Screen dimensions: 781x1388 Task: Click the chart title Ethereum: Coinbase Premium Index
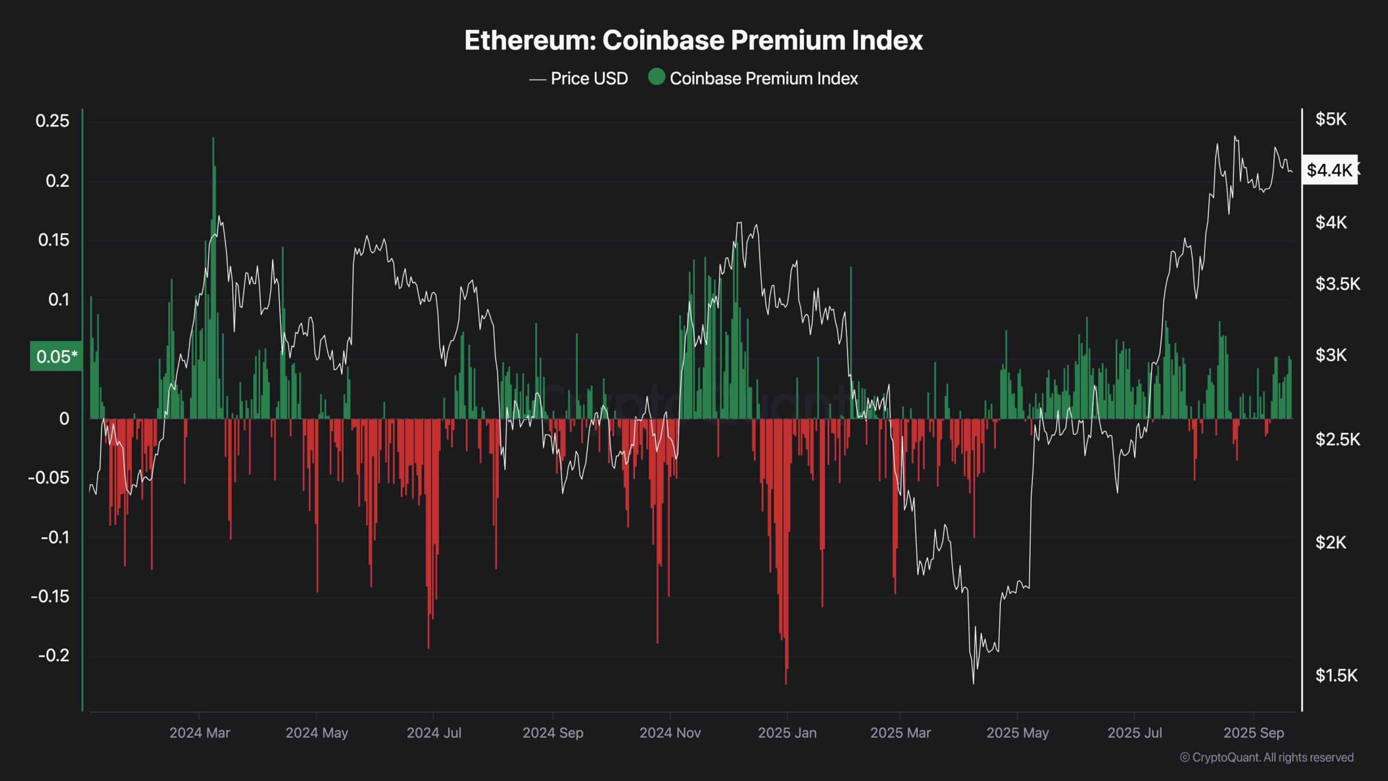pyautogui.click(x=693, y=41)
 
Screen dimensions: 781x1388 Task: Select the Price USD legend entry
pyautogui.click(x=589, y=79)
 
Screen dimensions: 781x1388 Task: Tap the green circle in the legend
pyautogui.click(x=657, y=77)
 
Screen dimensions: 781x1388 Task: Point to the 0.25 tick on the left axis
pyautogui.click(x=53, y=120)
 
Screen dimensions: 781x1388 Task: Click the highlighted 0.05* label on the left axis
pyautogui.click(x=56, y=356)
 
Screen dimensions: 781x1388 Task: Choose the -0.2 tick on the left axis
pyautogui.click(x=54, y=655)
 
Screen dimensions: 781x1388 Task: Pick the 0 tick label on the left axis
pyautogui.click(x=64, y=419)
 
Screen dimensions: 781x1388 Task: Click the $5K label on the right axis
pyautogui.click(x=1331, y=119)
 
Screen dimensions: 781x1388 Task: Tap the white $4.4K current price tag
pyautogui.click(x=1329, y=170)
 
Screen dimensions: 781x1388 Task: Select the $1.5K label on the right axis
pyautogui.click(x=1336, y=675)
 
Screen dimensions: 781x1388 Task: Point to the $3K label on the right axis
pyautogui.click(x=1331, y=355)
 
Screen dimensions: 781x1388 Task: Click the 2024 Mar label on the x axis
pyautogui.click(x=200, y=733)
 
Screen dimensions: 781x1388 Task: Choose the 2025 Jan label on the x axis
pyautogui.click(x=787, y=733)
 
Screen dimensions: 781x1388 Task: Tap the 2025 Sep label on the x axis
pyautogui.click(x=1254, y=733)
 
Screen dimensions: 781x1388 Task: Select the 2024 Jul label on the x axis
pyautogui.click(x=434, y=733)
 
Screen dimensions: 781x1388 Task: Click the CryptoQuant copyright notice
pyautogui.click(x=1267, y=757)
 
